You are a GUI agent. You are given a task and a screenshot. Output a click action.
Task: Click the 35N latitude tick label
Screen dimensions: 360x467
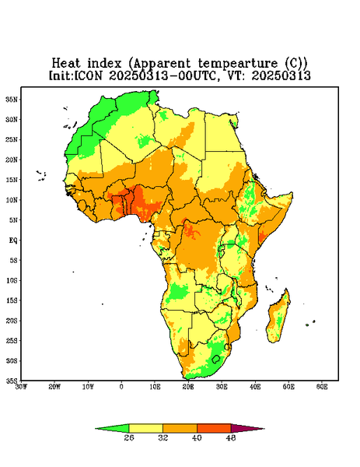(x=12, y=99)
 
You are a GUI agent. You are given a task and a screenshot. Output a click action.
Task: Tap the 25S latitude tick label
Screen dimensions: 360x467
(x=12, y=340)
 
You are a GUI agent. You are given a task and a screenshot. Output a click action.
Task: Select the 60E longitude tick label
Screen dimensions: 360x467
(x=322, y=387)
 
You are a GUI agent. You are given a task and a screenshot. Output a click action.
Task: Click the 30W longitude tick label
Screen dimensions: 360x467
(x=21, y=387)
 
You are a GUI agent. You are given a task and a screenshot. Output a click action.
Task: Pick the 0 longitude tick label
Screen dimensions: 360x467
(x=121, y=387)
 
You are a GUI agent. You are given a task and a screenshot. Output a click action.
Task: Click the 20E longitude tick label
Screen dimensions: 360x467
(x=188, y=387)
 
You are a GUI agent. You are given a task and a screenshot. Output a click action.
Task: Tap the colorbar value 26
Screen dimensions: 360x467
(x=129, y=437)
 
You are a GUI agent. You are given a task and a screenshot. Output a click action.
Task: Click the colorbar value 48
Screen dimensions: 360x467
(x=231, y=437)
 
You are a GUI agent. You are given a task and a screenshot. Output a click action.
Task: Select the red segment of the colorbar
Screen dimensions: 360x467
(x=214, y=428)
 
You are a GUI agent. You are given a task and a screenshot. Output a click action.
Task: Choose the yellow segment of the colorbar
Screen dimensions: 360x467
(x=145, y=428)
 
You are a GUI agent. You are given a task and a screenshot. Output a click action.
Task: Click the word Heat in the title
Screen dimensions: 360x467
(x=66, y=64)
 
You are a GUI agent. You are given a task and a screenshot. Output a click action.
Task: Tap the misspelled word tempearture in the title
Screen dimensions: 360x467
(x=238, y=64)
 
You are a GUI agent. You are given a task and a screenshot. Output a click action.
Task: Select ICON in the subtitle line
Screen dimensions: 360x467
(x=88, y=75)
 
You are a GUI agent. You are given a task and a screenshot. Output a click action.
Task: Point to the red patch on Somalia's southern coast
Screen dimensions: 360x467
(x=262, y=236)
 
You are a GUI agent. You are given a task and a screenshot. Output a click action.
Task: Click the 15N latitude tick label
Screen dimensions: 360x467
(x=12, y=180)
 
